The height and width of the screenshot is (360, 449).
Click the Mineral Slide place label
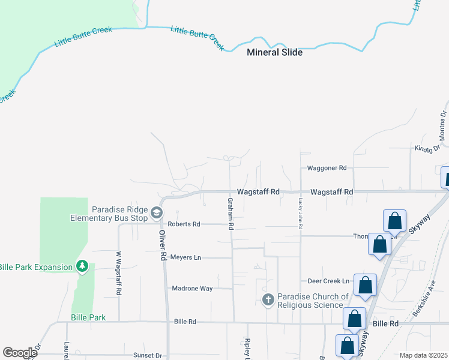click(275, 52)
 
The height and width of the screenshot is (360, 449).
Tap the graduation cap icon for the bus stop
click(156, 213)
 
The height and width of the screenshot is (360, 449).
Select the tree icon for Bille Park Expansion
click(83, 265)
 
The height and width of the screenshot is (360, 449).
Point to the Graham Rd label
click(230, 214)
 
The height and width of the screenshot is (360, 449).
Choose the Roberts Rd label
click(184, 224)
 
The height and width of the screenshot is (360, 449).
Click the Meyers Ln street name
click(185, 257)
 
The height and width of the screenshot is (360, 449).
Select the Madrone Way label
click(192, 289)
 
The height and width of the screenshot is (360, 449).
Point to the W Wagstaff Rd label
click(118, 273)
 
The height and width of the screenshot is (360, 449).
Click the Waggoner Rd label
click(327, 169)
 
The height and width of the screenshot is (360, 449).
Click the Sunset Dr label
click(148, 355)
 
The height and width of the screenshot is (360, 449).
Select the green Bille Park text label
click(88, 317)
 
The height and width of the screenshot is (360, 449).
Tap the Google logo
click(20, 353)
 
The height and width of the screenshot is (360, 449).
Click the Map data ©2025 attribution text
click(423, 355)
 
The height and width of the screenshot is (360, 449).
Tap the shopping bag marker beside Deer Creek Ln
click(365, 285)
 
